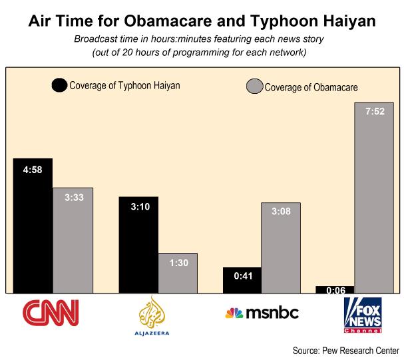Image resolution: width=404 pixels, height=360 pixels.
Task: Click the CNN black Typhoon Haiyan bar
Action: click(x=33, y=226)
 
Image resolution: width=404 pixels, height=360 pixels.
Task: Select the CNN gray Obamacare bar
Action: click(x=73, y=240)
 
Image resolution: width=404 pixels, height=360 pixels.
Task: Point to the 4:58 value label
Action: click(x=33, y=170)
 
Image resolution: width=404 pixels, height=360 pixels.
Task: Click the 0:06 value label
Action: click(x=335, y=290)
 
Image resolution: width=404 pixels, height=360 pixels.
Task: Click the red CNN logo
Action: click(x=51, y=311)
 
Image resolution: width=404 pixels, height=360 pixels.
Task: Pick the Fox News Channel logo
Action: click(x=363, y=314)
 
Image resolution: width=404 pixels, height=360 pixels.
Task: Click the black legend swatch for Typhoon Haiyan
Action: click(x=59, y=85)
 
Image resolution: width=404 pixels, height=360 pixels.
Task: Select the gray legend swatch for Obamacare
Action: click(x=255, y=87)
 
